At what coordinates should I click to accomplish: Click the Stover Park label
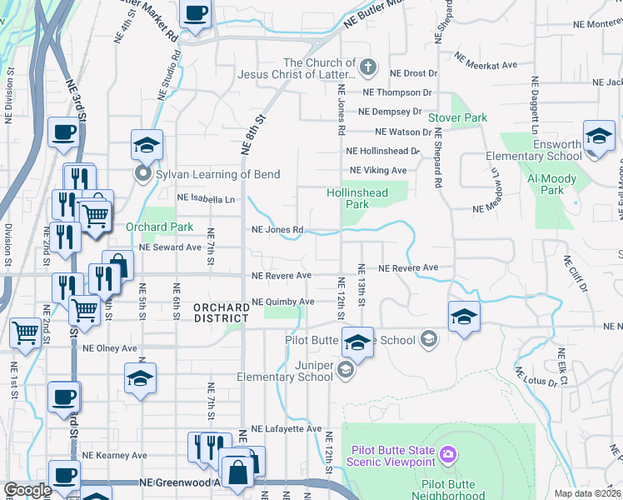click(457, 118)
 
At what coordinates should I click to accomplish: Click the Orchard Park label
click(159, 227)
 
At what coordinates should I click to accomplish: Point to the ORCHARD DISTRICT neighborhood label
click(221, 313)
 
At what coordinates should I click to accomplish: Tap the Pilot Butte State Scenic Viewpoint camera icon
click(448, 453)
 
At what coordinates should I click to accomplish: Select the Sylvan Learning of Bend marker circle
click(142, 174)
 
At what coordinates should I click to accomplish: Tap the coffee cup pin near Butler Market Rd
click(196, 13)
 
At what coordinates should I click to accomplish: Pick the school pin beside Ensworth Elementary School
click(599, 137)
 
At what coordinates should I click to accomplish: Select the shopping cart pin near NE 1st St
click(25, 332)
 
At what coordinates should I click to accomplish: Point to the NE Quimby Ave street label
click(283, 302)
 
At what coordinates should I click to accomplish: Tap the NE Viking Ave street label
click(378, 170)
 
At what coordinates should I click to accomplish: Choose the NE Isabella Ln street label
click(206, 199)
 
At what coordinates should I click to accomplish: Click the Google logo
click(27, 490)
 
